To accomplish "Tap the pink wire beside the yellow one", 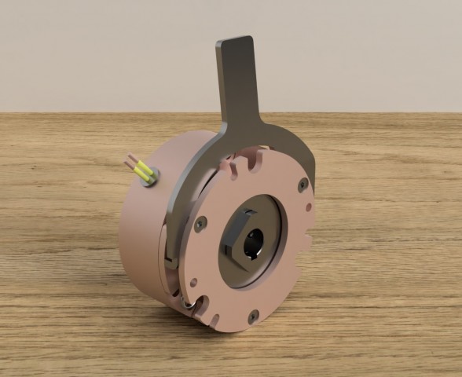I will pyautogui.click(x=134, y=164).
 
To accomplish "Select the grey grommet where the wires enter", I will pyautogui.click(x=150, y=177).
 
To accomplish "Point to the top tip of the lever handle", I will pyautogui.click(x=236, y=41).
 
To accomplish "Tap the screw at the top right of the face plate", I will pyautogui.click(x=302, y=185).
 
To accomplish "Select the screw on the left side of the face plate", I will pyautogui.click(x=200, y=224).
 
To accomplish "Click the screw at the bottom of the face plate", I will pyautogui.click(x=253, y=316).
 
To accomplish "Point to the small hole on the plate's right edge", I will pyautogui.click(x=309, y=208).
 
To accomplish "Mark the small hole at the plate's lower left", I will pyautogui.click(x=193, y=282).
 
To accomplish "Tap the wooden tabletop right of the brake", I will pyautogui.click(x=385, y=259).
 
